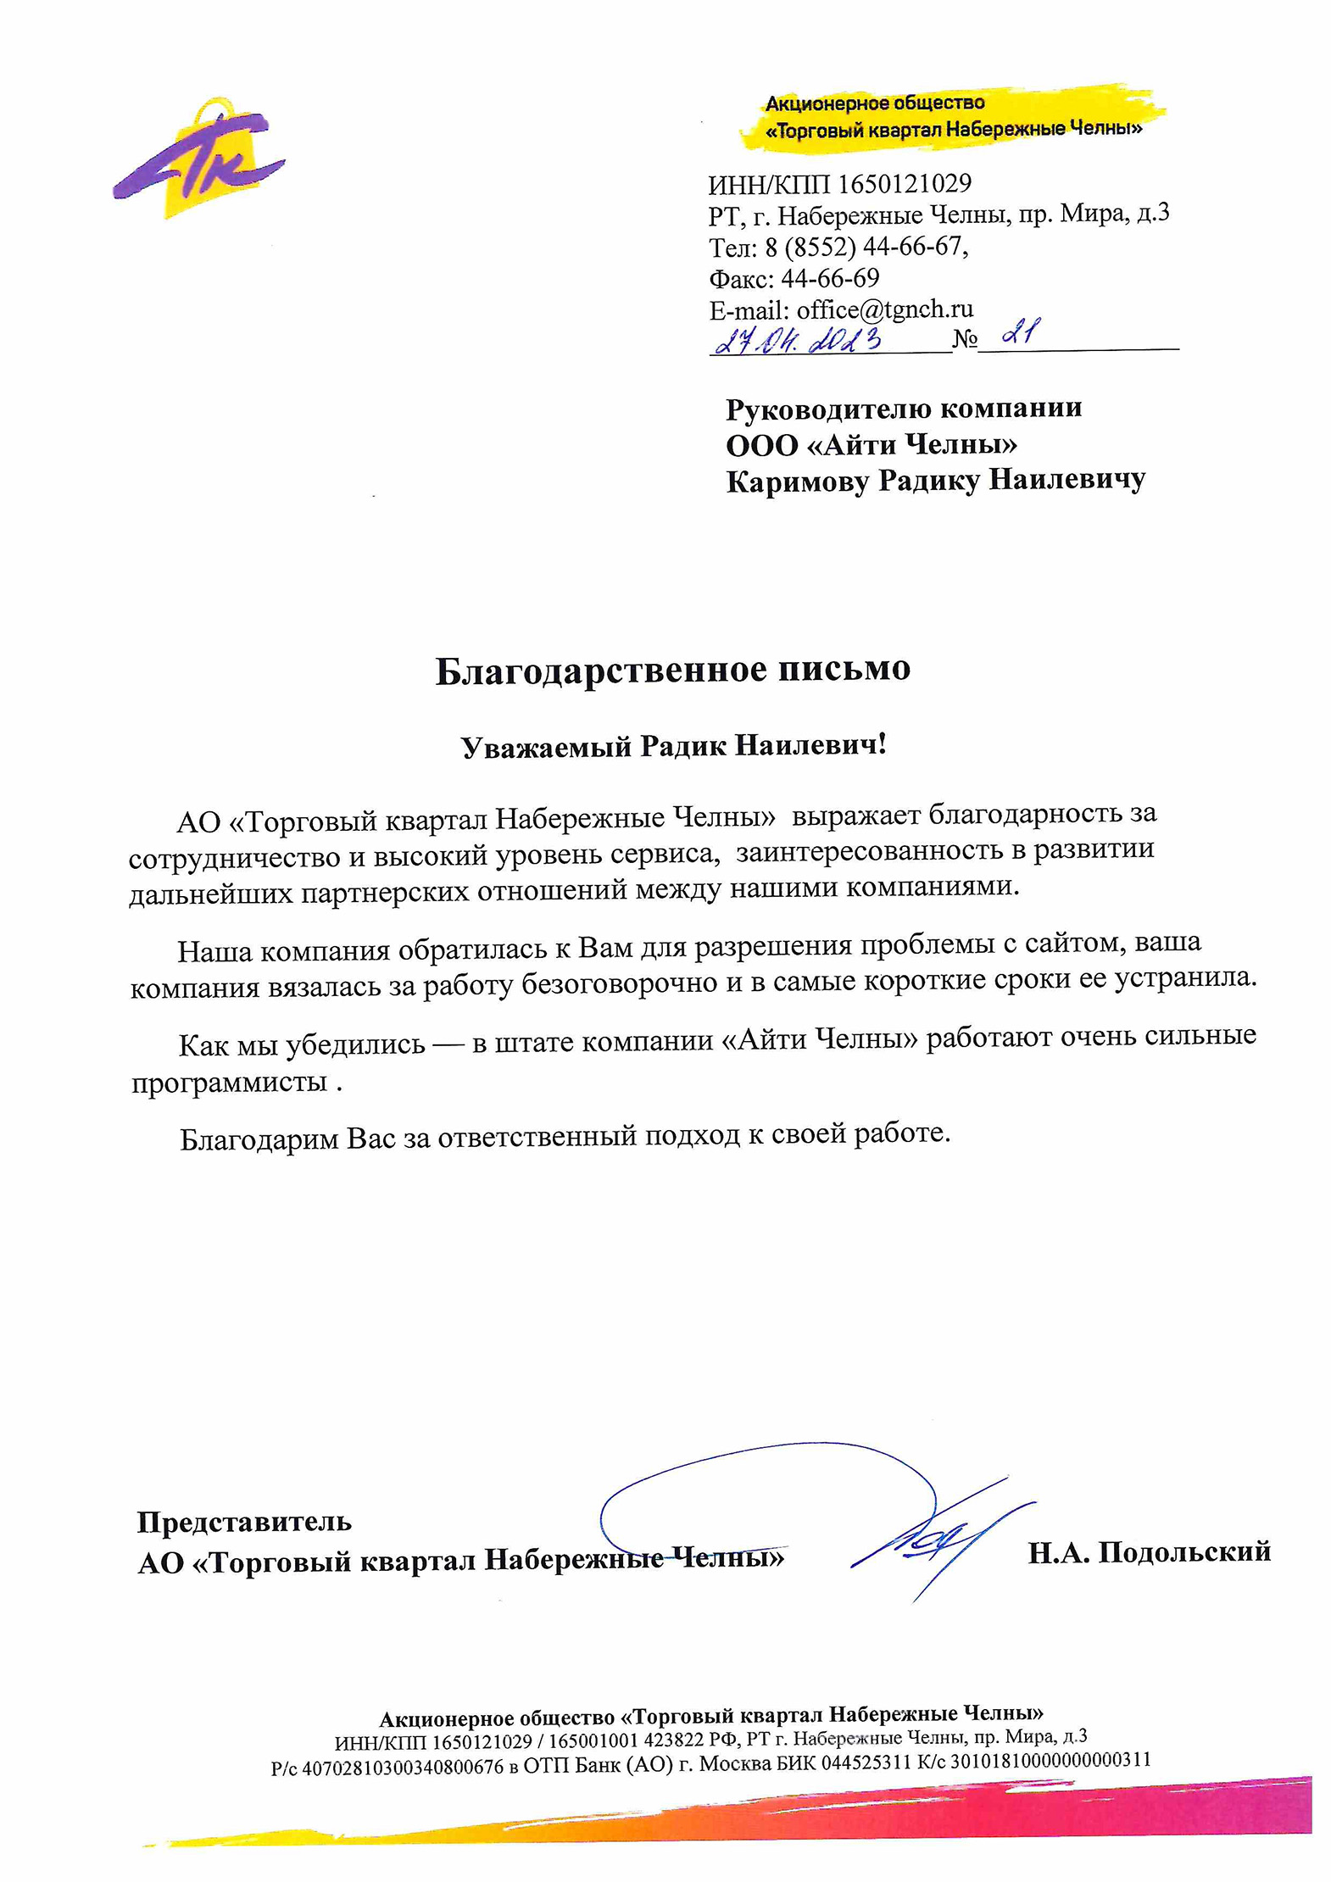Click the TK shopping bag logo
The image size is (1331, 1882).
click(200, 158)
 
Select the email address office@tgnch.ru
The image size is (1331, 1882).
click(884, 309)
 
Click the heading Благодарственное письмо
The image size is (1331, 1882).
click(672, 670)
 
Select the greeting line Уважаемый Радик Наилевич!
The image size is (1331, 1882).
click(672, 746)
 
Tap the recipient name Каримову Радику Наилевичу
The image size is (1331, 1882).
click(935, 481)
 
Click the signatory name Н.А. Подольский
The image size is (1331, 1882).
click(1149, 1552)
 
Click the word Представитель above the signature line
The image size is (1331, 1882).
click(244, 1522)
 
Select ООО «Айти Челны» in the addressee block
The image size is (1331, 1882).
click(871, 444)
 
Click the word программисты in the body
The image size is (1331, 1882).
click(229, 1083)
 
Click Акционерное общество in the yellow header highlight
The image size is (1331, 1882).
click(875, 103)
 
